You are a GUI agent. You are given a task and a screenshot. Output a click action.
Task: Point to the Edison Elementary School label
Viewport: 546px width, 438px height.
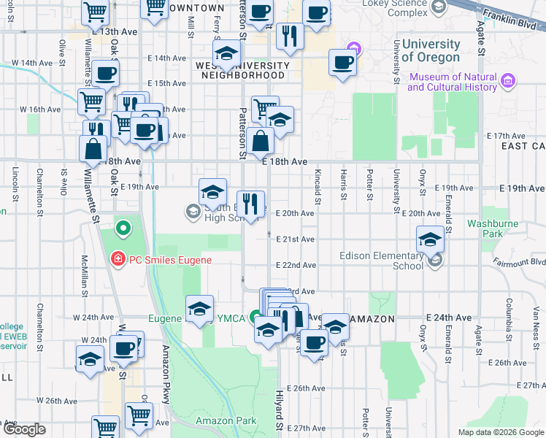(381, 261)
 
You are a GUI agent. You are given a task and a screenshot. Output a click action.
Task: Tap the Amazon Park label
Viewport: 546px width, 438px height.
(226, 421)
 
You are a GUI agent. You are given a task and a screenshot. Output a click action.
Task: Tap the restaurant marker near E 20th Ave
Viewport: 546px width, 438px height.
(251, 203)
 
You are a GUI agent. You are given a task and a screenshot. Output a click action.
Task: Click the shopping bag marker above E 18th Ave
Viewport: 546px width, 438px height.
(260, 140)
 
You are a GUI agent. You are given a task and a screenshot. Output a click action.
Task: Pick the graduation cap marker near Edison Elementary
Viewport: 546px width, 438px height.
(430, 239)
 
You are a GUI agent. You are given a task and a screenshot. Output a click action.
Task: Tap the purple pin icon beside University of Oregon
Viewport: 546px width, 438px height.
(355, 50)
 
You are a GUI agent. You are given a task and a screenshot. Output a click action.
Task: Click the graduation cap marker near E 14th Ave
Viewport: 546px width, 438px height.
(227, 53)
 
